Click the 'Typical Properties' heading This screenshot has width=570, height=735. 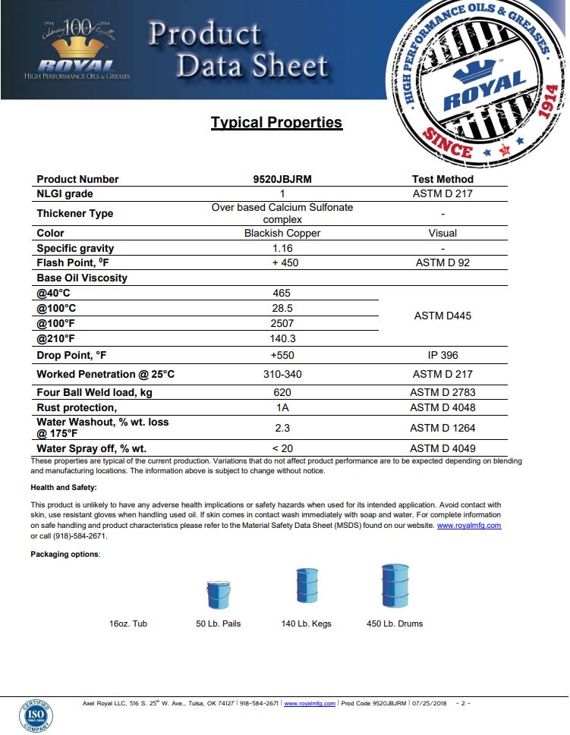(276, 122)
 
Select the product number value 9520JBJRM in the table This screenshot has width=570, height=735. (282, 180)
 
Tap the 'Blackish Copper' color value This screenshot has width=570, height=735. (282, 233)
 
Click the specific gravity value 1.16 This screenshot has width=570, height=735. (282, 248)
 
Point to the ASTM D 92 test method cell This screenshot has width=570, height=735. (442, 262)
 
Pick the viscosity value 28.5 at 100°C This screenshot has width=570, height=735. (282, 309)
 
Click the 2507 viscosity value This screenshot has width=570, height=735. (282, 324)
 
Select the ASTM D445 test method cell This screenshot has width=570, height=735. (442, 316)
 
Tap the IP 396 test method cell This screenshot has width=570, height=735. (442, 355)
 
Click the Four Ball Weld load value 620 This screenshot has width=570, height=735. (282, 393)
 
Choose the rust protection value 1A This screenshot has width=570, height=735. (282, 407)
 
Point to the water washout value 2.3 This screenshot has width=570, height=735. (282, 428)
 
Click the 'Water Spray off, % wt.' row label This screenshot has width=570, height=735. (92, 448)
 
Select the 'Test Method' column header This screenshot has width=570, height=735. (442, 180)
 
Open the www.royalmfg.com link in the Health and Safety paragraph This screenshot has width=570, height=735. (469, 526)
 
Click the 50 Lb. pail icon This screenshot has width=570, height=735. (218, 594)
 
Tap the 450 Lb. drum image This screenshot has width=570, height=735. (395, 586)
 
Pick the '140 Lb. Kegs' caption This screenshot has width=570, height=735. (306, 623)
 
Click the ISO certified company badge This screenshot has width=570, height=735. (36, 715)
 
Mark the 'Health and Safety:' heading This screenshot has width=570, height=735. (64, 488)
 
